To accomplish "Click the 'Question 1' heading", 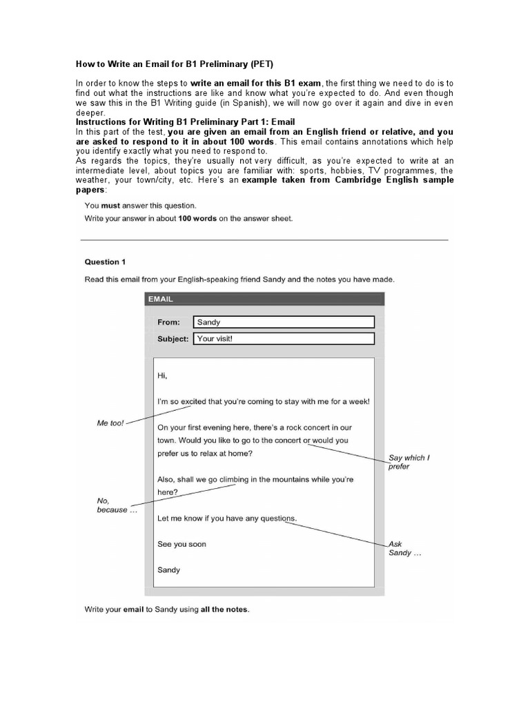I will pyautogui.click(x=105, y=262).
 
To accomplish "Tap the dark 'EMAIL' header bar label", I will pyautogui.click(x=160, y=299).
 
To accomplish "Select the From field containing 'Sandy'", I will pyautogui.click(x=283, y=322).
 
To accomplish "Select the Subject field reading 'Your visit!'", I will pyautogui.click(x=283, y=339).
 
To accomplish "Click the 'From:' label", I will pyautogui.click(x=168, y=322).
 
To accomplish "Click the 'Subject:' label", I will pyautogui.click(x=173, y=339).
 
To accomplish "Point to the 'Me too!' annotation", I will pyautogui.click(x=110, y=423).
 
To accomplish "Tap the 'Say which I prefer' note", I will pyautogui.click(x=407, y=462).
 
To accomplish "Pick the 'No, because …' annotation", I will pyautogui.click(x=112, y=505).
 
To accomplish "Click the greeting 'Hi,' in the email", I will pyautogui.click(x=162, y=376).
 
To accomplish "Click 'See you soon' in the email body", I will pyautogui.click(x=181, y=544).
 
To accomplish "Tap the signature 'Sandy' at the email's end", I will pyautogui.click(x=169, y=570).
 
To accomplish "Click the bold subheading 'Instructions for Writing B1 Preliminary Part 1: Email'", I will pyautogui.click(x=185, y=122).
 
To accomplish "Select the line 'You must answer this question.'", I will pyautogui.click(x=140, y=205).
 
